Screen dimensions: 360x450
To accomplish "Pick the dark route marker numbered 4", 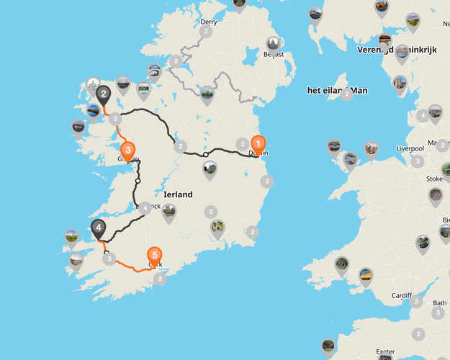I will coord(98,229).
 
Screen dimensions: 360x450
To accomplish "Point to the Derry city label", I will coord(209,22).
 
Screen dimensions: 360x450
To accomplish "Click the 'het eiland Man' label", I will coord(337,90).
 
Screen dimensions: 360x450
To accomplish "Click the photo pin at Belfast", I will coord(272,45).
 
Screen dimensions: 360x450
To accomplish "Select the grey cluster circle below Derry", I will coord(206,32).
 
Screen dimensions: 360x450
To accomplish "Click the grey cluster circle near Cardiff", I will coord(416,301).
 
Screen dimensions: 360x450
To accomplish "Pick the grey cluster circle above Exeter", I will coord(418,333).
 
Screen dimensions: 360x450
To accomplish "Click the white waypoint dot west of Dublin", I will coord(205,154).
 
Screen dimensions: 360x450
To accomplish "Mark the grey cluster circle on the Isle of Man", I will coord(347,94).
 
